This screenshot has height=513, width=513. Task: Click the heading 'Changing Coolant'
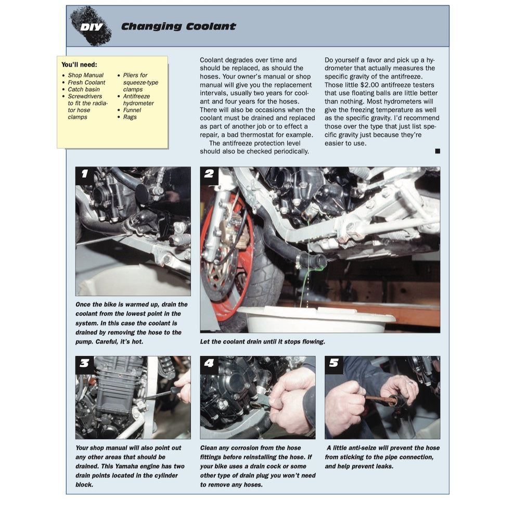[178, 27]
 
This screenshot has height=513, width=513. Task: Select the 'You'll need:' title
[79, 65]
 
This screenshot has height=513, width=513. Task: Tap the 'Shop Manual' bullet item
[85, 75]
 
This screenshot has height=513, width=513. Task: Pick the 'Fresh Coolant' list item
[86, 82]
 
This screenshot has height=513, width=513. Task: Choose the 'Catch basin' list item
[84, 89]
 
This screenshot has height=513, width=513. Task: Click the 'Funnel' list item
[132, 110]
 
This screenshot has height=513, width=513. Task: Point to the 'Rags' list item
[130, 117]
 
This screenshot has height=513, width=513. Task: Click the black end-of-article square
[437, 151]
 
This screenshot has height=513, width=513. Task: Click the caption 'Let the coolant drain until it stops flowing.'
[262, 342]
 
